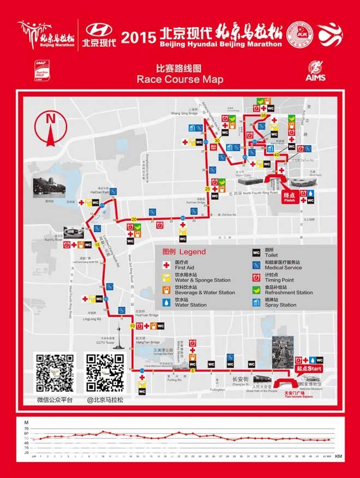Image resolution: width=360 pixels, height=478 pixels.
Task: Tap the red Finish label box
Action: coord(289,198)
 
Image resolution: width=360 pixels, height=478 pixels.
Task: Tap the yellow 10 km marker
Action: coord(133,326)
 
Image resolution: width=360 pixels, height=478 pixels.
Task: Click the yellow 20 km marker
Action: coord(134,219)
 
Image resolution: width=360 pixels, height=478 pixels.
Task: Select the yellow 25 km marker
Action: coord(207,189)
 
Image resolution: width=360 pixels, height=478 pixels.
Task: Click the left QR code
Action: coord(55,374)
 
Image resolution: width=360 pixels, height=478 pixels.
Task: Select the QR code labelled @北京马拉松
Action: coord(105,374)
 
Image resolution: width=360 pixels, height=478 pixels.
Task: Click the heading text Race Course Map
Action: coord(180,80)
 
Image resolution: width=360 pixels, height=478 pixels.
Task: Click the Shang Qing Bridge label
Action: coord(184,113)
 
